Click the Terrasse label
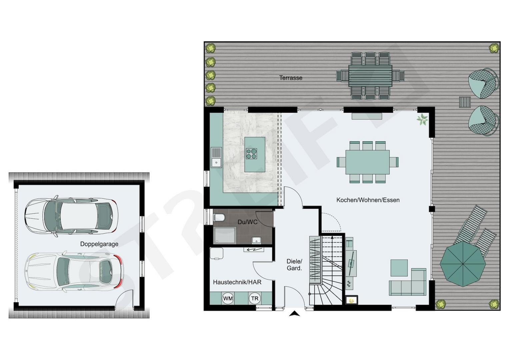coord(291,78)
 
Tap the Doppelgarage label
coord(99,244)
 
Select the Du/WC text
coord(247,222)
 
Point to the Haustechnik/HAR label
coord(237,282)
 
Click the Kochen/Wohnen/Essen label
coord(368,200)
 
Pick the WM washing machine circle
coord(228,298)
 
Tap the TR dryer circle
coord(255,298)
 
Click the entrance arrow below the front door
coord(294,314)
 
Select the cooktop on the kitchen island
coord(251,154)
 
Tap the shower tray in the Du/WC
coord(225,235)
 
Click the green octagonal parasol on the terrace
coord(463,264)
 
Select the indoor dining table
coord(367,162)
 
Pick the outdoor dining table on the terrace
coord(370,76)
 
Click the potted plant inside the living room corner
coord(422,119)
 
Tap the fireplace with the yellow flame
coord(352,300)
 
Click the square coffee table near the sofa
coord(399,268)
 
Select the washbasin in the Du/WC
coord(257,240)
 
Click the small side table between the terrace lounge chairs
coord(465,102)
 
